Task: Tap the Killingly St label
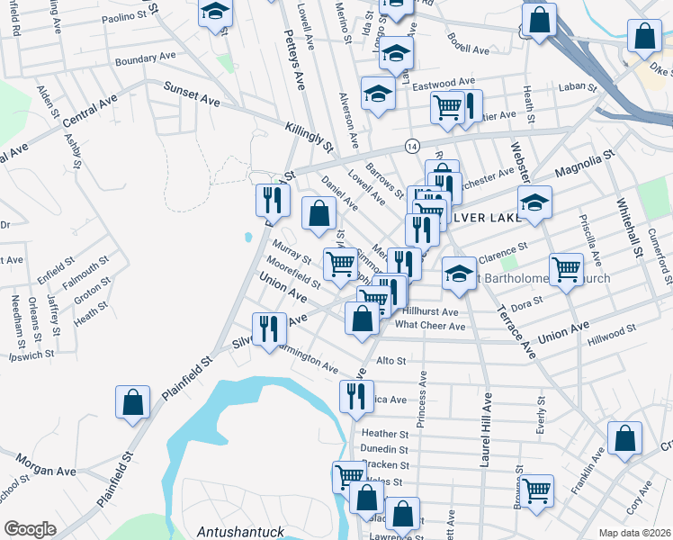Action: [x=309, y=137]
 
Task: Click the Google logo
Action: [x=30, y=529]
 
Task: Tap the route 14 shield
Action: [x=412, y=146]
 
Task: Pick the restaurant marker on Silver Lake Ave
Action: [x=267, y=329]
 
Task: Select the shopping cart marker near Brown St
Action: [x=537, y=490]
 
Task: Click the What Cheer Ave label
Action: [x=430, y=325]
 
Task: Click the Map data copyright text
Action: [x=634, y=532]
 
